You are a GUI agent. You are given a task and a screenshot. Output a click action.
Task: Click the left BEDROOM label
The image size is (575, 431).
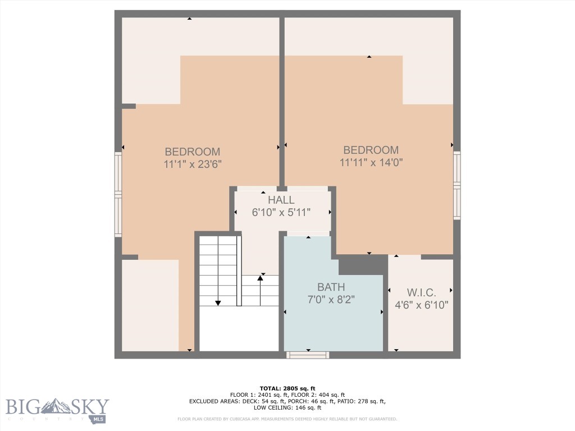192,152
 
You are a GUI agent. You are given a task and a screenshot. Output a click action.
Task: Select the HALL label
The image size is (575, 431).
281,200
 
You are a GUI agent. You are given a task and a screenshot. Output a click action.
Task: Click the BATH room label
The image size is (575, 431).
331,287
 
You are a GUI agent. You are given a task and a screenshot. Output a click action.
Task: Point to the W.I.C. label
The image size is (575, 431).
419,292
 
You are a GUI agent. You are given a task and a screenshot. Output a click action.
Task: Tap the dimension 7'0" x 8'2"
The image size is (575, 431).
331,300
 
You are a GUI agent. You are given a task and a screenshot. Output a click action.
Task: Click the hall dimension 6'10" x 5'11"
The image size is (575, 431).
281,212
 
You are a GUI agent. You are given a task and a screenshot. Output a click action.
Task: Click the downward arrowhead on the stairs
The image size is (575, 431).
218,303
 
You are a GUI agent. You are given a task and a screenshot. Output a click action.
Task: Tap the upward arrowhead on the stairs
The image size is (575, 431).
260,278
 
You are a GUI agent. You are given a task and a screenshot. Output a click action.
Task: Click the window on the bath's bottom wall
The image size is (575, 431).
308,355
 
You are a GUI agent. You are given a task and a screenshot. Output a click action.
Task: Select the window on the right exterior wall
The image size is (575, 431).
457,185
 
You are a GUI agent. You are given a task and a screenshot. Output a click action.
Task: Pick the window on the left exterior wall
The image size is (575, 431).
118,194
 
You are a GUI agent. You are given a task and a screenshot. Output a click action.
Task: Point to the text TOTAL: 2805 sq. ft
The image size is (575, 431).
287,388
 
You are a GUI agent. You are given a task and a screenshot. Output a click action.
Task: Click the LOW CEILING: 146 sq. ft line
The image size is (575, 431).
287,408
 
